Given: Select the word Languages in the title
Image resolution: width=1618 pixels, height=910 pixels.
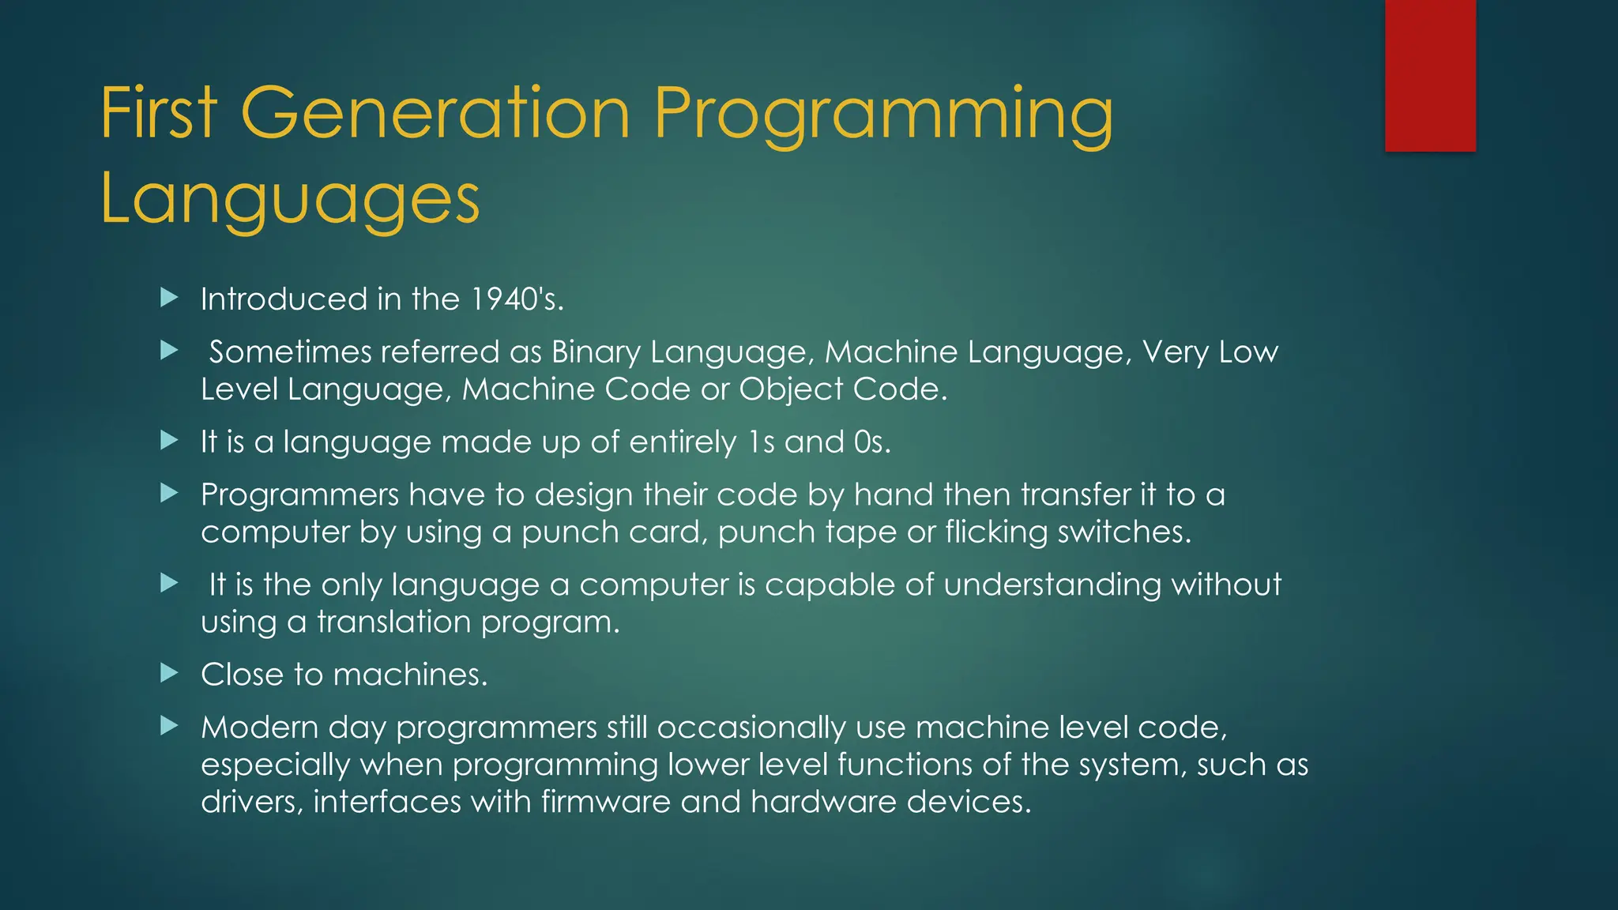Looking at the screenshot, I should [x=290, y=198].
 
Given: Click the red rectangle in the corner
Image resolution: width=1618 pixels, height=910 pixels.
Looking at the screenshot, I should [x=1430, y=75].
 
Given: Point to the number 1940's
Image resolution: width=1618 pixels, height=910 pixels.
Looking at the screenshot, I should [x=517, y=299].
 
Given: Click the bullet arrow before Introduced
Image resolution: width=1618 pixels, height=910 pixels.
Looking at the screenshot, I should [x=169, y=298].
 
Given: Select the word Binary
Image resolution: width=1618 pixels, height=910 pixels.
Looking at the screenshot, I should [x=596, y=352].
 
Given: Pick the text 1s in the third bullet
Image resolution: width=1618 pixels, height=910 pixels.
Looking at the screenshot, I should [x=761, y=442].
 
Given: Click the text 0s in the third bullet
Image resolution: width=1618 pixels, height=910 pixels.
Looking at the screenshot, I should [x=871, y=442].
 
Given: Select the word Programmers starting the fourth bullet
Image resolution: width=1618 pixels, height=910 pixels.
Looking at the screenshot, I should [x=299, y=495].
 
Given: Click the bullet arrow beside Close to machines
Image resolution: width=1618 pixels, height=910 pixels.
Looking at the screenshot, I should [x=169, y=673].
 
